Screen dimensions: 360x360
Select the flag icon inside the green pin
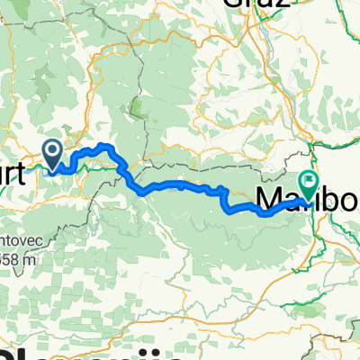click(x=309, y=181)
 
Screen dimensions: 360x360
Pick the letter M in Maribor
click(x=269, y=197)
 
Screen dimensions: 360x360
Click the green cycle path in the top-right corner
click(x=346, y=27)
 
